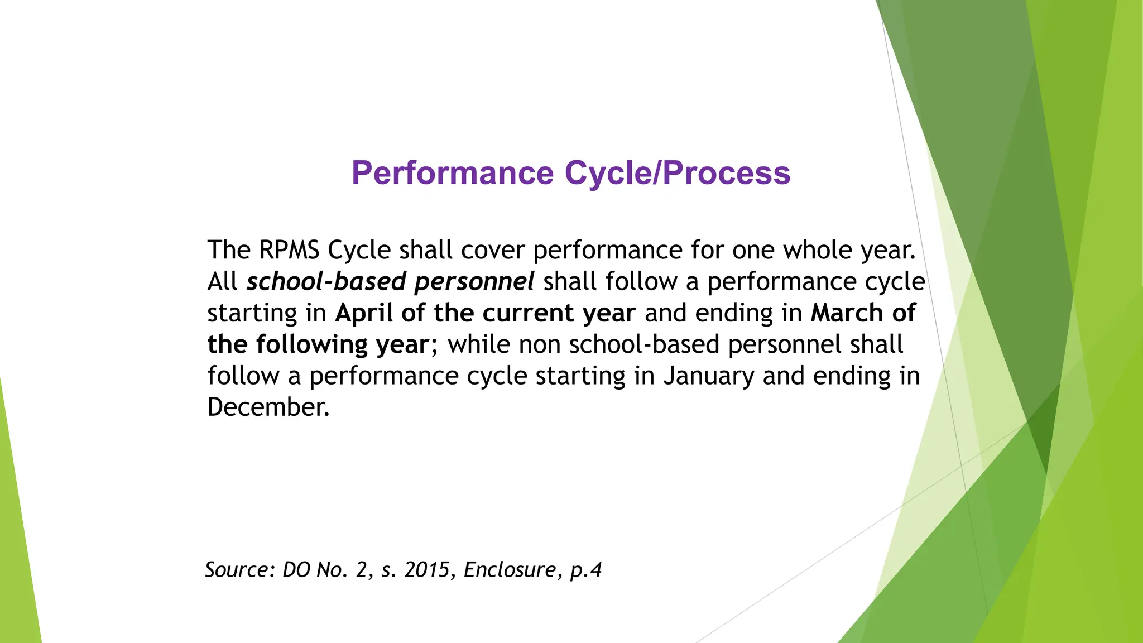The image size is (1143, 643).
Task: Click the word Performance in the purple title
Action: click(x=452, y=173)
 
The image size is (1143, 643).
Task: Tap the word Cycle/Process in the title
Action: click(x=678, y=173)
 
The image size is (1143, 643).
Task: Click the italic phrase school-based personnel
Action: click(x=390, y=281)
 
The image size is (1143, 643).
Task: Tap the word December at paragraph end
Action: click(x=268, y=407)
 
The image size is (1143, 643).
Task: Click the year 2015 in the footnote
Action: click(x=426, y=570)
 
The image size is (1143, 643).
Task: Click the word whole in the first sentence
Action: click(x=818, y=250)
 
